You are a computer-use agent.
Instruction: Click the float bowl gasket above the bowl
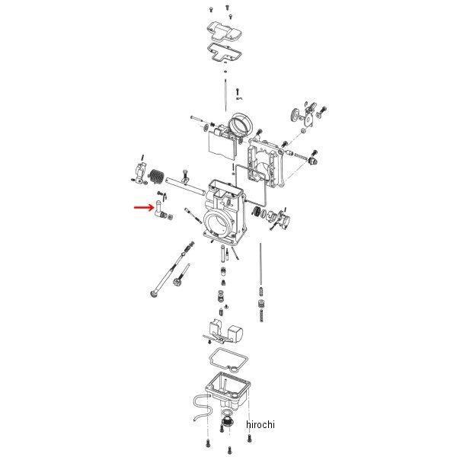(228, 357)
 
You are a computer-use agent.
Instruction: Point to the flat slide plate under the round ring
(219, 147)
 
